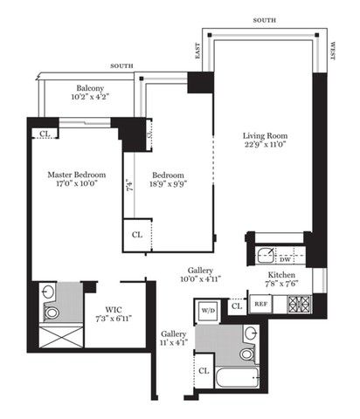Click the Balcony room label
click(x=91, y=88)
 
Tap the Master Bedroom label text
click(x=77, y=175)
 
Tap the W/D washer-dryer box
click(x=208, y=310)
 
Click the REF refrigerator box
click(x=260, y=305)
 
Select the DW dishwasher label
click(x=285, y=258)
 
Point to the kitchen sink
click(x=265, y=256)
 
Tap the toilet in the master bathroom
click(x=52, y=312)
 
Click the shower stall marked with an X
click(x=54, y=336)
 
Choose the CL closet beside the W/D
click(x=236, y=306)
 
